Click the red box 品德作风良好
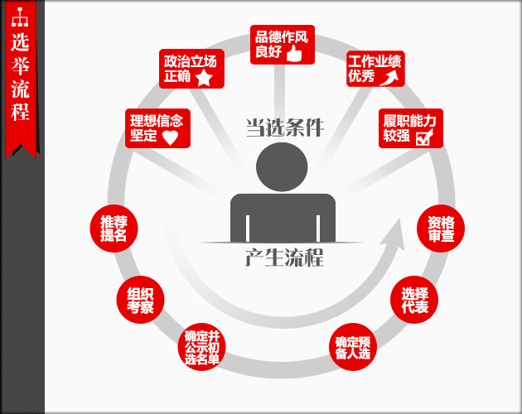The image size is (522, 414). (283, 45)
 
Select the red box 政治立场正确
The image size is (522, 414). (191, 69)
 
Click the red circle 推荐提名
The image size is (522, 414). (114, 228)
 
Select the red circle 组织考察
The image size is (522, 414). (140, 299)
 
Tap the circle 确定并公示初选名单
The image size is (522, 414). (202, 347)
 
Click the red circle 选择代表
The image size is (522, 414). (414, 299)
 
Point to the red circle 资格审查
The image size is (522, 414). (441, 228)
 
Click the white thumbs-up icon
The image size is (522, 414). (294, 54)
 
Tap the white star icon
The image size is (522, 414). (204, 78)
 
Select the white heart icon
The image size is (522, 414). (169, 137)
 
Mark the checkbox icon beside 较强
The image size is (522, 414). (423, 137)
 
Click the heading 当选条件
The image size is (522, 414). (283, 128)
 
